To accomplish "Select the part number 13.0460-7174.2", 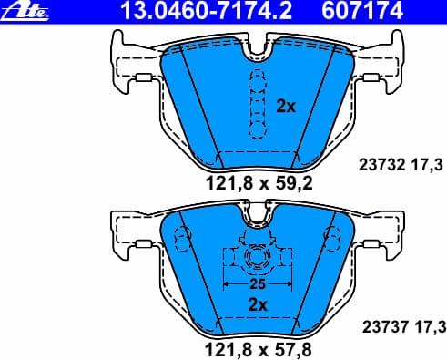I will (x=188, y=10).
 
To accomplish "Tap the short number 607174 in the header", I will (x=320, y=10).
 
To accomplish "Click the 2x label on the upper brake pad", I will (x=286, y=107).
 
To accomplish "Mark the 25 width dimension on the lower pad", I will (x=257, y=283).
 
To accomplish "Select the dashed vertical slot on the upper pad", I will (x=256, y=105).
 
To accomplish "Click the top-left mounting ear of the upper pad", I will (x=120, y=46).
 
